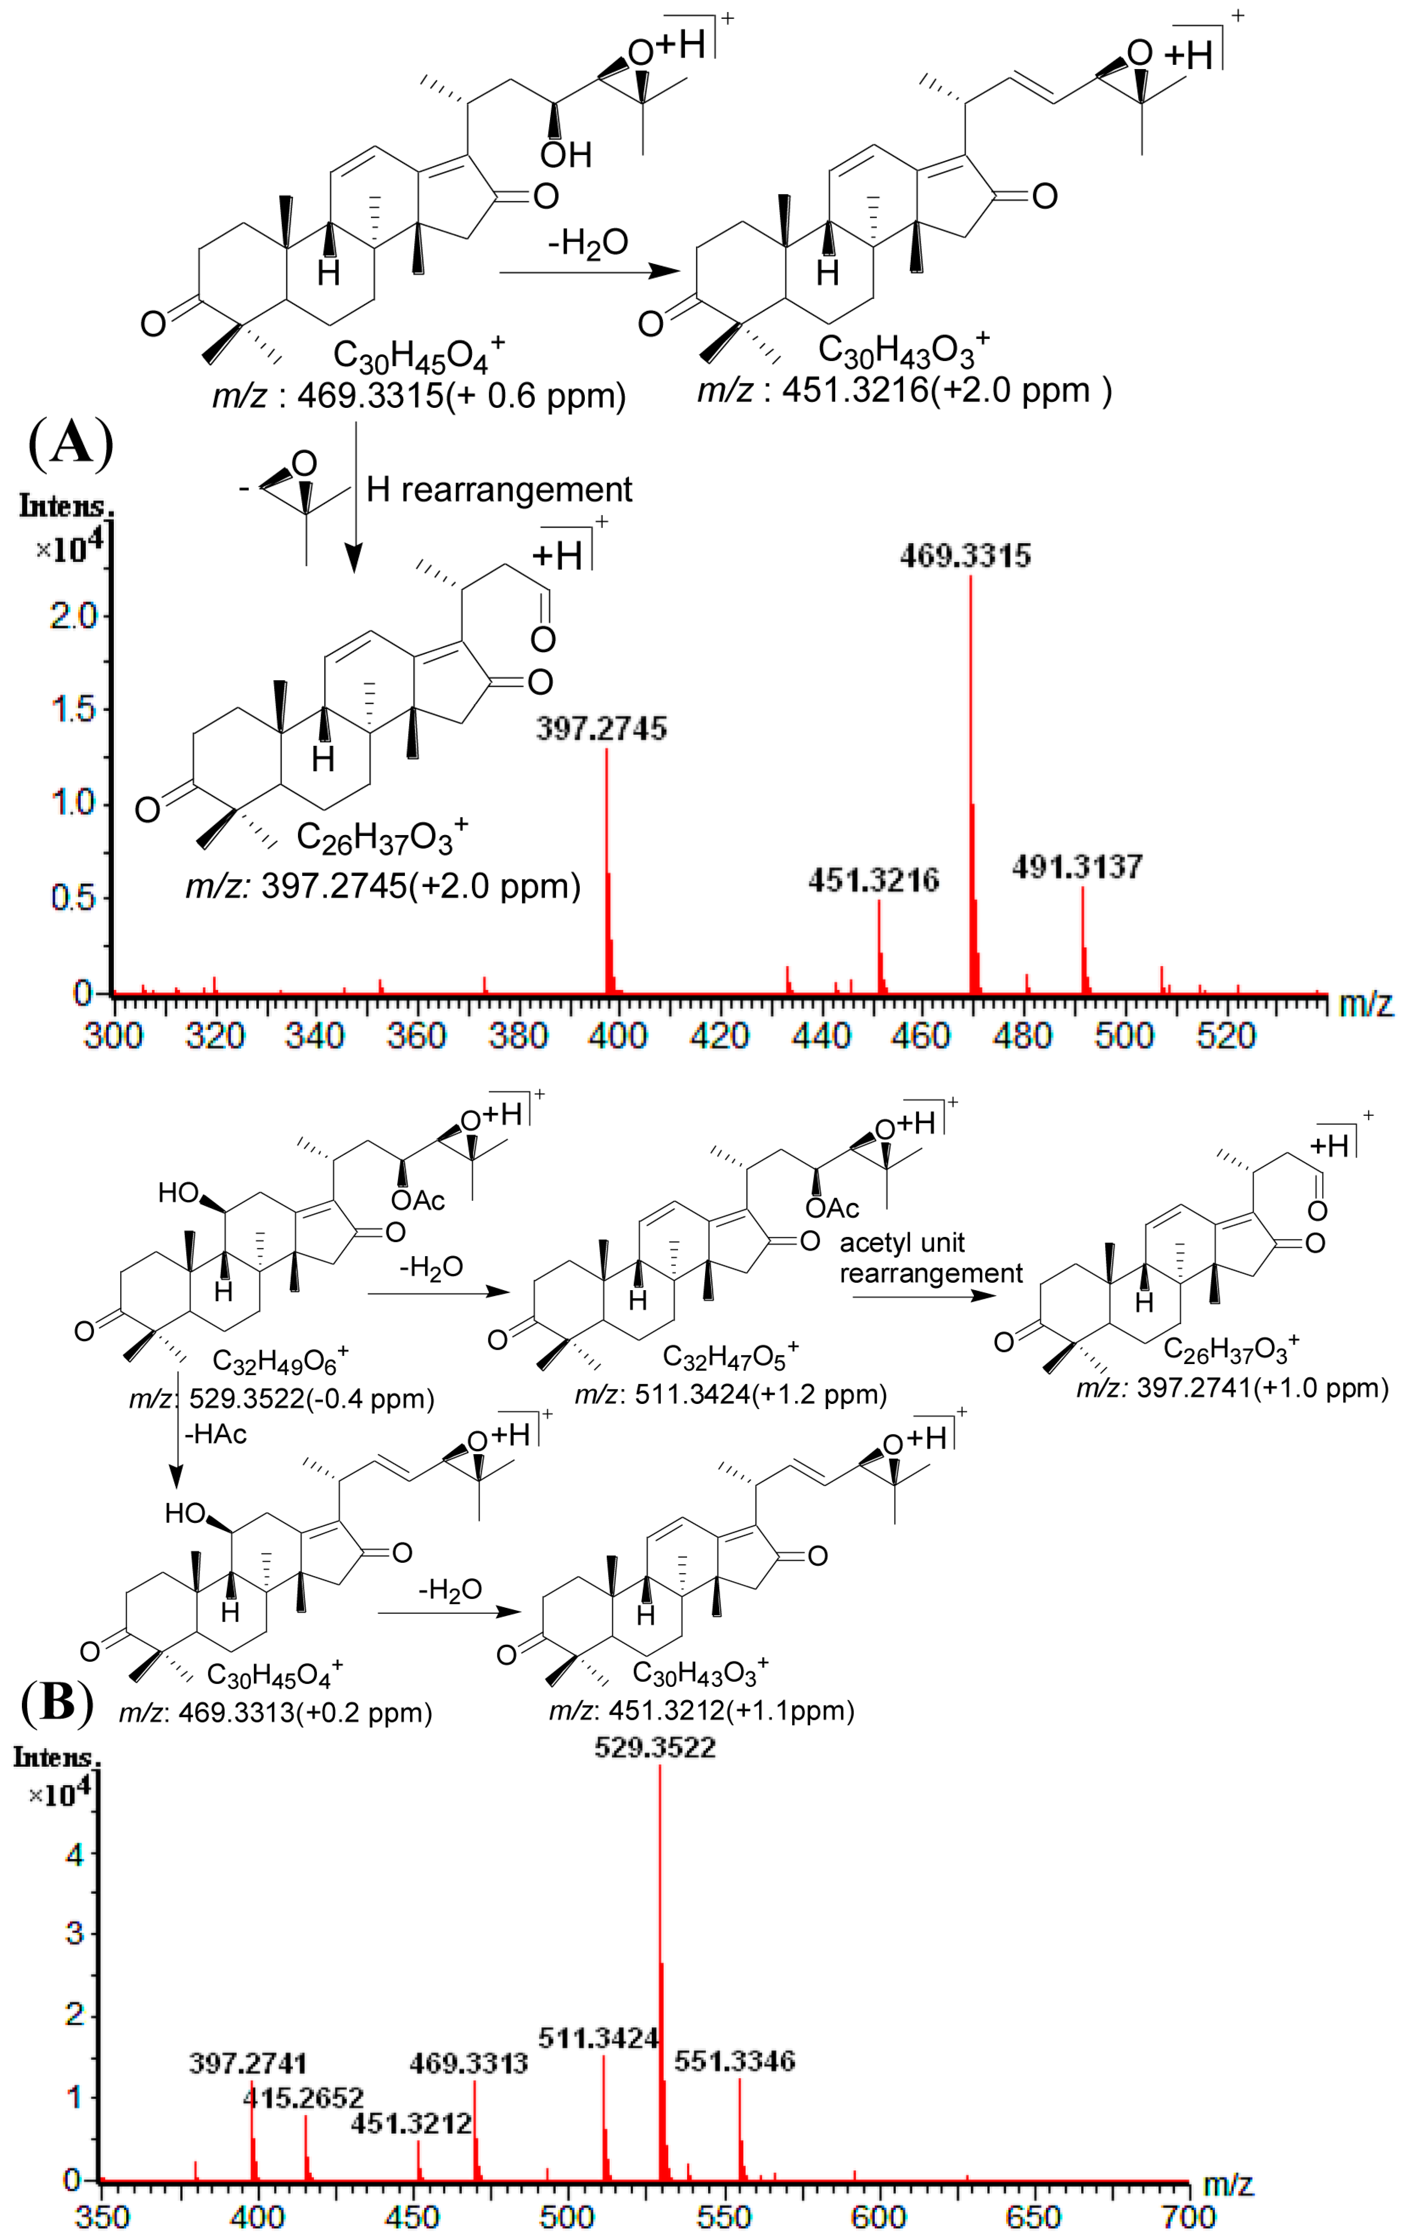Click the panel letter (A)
71,443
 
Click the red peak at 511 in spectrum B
604,2120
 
